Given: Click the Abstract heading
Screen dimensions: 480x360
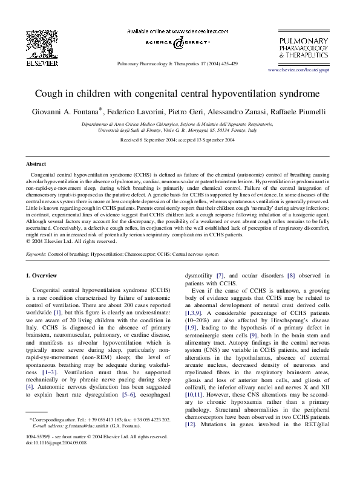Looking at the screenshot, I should (x=36, y=164).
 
